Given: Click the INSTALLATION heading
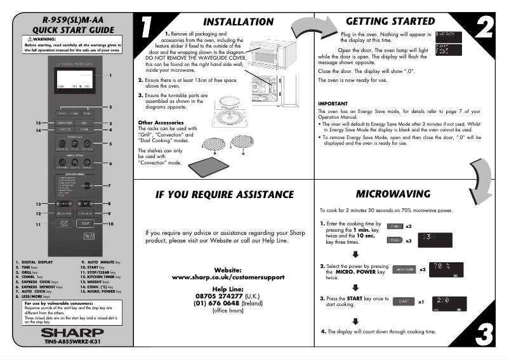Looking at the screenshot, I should click(x=238, y=22).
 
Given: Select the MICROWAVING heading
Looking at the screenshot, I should click(x=393, y=176).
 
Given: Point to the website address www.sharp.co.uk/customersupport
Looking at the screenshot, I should click(x=227, y=278).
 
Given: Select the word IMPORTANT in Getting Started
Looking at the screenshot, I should click(x=333, y=103).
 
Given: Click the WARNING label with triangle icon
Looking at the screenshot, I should click(x=38, y=39).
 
